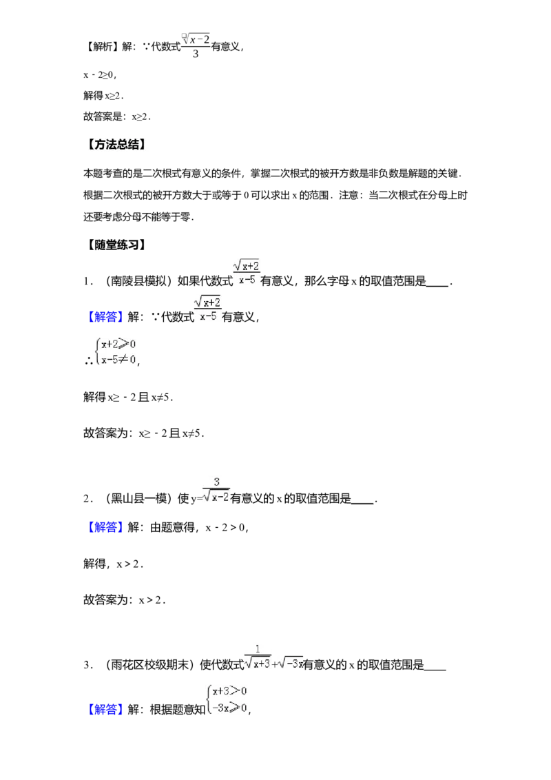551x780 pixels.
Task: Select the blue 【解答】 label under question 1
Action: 105,317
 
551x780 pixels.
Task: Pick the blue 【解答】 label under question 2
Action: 105,527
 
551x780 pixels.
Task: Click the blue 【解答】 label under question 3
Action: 105,709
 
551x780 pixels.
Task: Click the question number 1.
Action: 86,282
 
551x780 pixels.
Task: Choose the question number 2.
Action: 86,499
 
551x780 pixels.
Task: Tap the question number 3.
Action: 86,665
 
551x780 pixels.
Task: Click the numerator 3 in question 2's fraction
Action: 216,482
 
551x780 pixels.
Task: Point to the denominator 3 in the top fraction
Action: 196,54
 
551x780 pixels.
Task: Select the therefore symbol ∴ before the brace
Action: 89,362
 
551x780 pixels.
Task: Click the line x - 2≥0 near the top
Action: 99,75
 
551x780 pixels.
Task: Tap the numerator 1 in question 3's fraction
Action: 258,649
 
